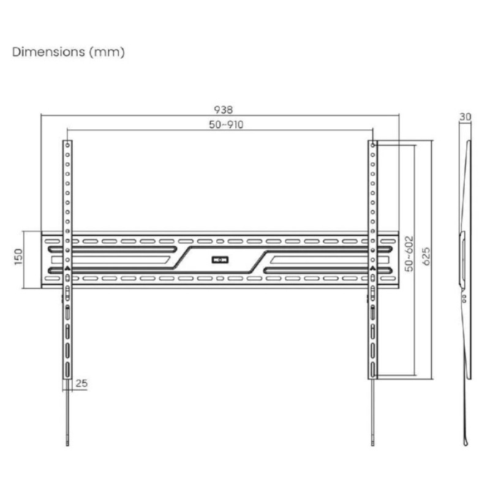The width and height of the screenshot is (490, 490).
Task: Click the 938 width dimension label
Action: [x=224, y=110]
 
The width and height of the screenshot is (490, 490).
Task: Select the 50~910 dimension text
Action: [x=226, y=125]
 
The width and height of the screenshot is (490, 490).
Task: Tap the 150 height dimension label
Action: [x=19, y=257]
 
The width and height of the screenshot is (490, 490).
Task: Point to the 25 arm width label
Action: [x=81, y=383]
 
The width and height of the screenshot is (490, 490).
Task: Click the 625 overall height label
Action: [x=426, y=257]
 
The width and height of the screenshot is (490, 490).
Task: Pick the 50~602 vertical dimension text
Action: [x=409, y=254]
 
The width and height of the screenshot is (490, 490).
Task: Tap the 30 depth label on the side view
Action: [x=465, y=116]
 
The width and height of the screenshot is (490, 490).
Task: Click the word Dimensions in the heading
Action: [x=48, y=52]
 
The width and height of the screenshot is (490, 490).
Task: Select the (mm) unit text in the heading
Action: [x=107, y=52]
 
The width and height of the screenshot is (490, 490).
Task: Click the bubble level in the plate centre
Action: [x=220, y=260]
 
